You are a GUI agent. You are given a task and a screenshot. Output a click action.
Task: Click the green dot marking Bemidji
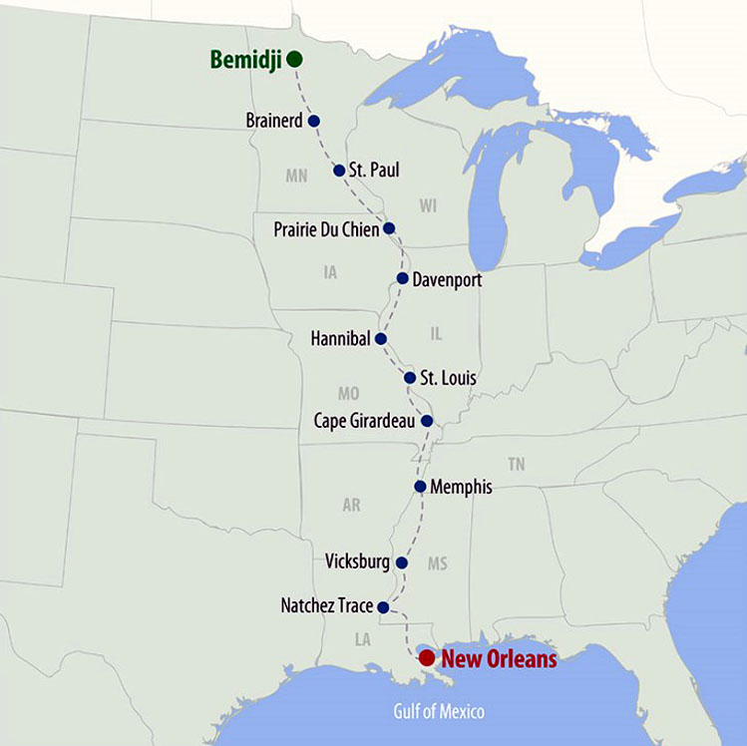pyautogui.click(x=294, y=59)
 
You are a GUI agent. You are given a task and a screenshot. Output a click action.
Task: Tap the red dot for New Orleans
pyautogui.click(x=426, y=657)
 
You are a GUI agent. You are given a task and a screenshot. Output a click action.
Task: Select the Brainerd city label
pyautogui.click(x=273, y=121)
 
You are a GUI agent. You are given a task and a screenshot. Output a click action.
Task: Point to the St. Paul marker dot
pyautogui.click(x=339, y=171)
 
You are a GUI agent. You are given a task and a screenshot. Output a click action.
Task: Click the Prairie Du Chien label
pyautogui.click(x=326, y=230)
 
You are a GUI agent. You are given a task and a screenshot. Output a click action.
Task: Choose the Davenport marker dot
pyautogui.click(x=402, y=278)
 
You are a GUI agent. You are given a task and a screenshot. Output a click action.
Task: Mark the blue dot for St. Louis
pyautogui.click(x=410, y=378)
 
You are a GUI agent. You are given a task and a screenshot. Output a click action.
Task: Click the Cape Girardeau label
pyautogui.click(x=364, y=421)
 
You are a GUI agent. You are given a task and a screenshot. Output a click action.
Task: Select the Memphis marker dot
pyautogui.click(x=420, y=487)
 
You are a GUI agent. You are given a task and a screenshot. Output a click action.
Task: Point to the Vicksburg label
pyautogui.click(x=357, y=562)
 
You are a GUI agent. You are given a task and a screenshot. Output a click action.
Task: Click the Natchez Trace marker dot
pyautogui.click(x=383, y=605)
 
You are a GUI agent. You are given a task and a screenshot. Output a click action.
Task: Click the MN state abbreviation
pyautogui.click(x=296, y=177)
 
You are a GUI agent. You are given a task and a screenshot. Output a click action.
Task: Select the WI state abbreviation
pyautogui.click(x=429, y=205)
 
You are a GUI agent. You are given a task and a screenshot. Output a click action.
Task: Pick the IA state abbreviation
pyautogui.click(x=330, y=272)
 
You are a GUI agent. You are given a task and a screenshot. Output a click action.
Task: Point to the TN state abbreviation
pyautogui.click(x=516, y=464)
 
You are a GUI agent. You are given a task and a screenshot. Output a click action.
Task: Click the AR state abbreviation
pyautogui.click(x=351, y=506)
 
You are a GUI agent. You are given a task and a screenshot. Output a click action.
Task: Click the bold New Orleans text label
pyautogui.click(x=499, y=658)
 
